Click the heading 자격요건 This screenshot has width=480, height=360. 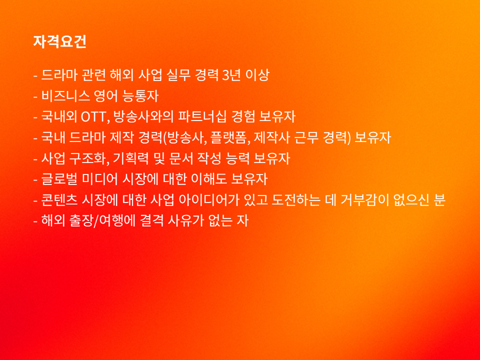[x=59, y=41]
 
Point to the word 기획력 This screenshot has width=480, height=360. [x=131, y=158]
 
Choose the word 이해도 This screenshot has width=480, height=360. [x=209, y=179]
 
